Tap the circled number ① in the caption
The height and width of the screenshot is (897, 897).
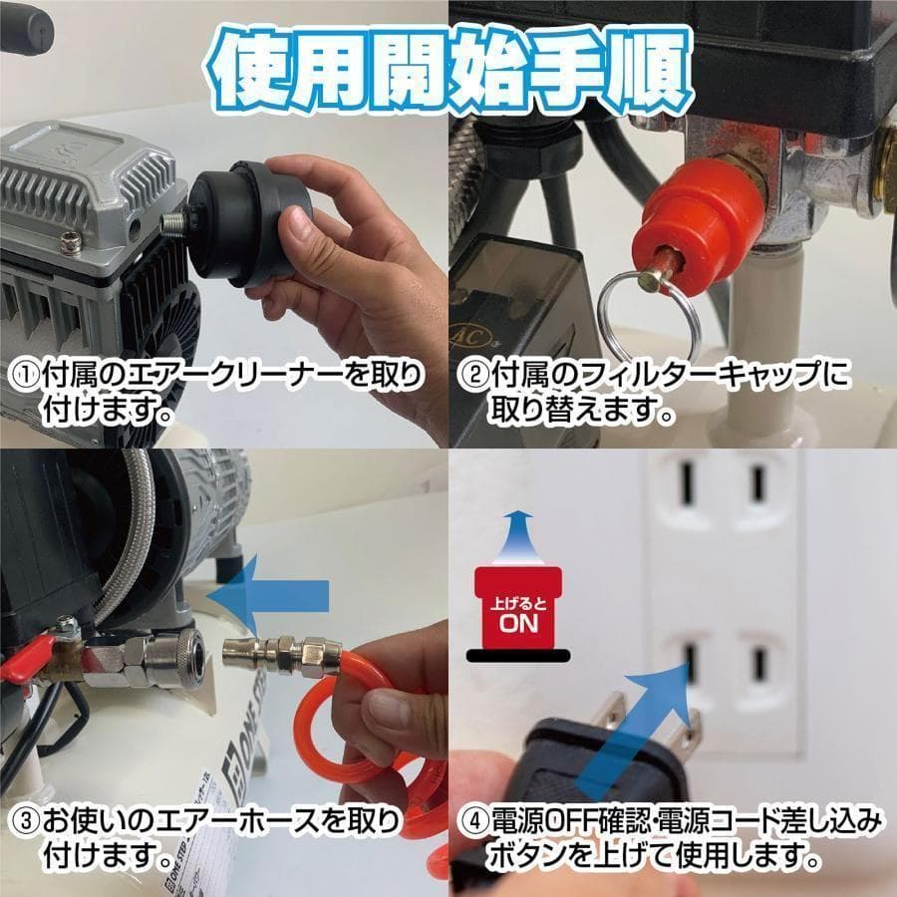point(23,376)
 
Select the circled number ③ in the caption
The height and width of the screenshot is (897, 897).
point(23,823)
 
